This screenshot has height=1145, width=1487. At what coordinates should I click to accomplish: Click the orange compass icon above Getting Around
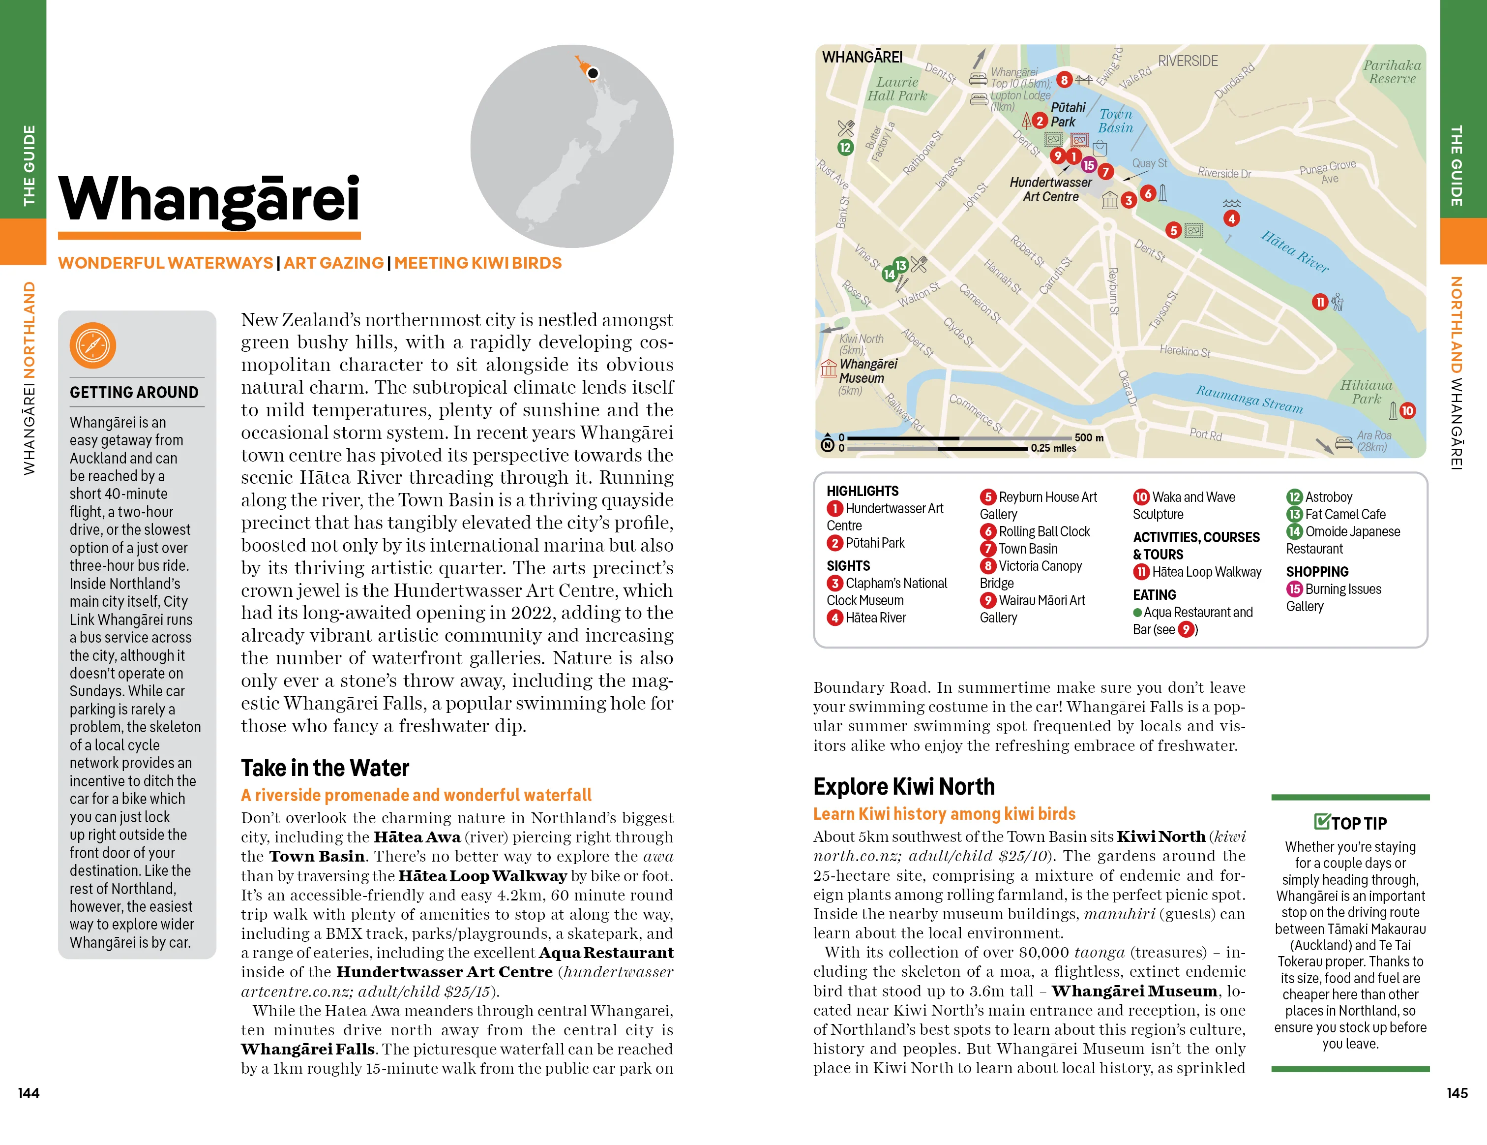click(x=92, y=345)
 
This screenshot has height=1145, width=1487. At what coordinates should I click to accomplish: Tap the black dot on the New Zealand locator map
click(x=593, y=73)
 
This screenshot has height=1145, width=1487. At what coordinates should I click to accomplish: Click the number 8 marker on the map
click(x=1064, y=80)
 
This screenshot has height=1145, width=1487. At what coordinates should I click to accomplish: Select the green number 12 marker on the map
click(x=845, y=147)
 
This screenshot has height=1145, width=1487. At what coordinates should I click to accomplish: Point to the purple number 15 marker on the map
click(x=1089, y=165)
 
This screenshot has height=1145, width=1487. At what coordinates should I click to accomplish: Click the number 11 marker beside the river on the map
click(x=1319, y=302)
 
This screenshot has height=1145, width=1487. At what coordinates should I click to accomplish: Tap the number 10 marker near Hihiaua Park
click(x=1407, y=411)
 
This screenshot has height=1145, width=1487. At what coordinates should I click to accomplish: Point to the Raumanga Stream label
click(x=1249, y=399)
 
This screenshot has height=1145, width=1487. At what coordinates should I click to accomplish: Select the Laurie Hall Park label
click(x=897, y=89)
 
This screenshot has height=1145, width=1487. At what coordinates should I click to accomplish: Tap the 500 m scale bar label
click(x=1089, y=437)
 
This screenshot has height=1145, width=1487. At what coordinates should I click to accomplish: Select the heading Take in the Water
click(x=325, y=768)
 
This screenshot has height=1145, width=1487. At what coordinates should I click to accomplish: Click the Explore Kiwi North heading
click(x=903, y=787)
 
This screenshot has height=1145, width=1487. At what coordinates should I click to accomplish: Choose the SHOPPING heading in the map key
click(x=1317, y=571)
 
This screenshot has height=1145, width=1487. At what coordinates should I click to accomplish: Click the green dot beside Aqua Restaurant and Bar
click(x=1137, y=612)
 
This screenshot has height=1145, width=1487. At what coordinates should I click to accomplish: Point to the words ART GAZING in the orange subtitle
click(x=333, y=263)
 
